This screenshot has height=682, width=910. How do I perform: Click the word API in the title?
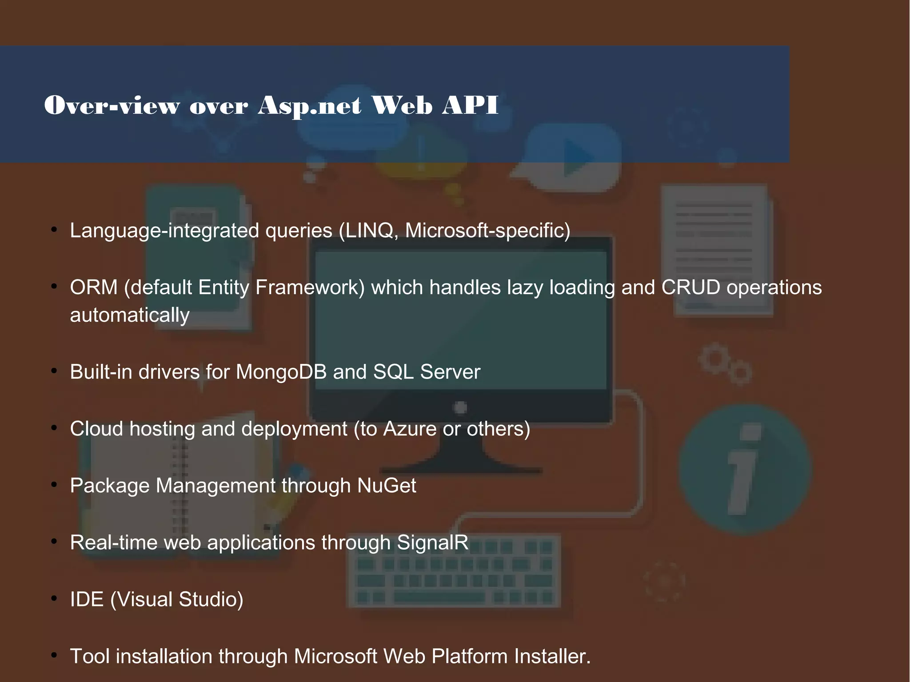tap(470, 105)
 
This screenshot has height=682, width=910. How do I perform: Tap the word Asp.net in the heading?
tap(310, 106)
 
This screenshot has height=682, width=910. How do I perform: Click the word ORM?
tap(94, 287)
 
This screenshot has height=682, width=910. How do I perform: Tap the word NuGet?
tap(387, 486)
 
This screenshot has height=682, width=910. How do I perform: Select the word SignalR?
tap(432, 542)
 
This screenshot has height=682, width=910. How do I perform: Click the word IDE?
tap(87, 599)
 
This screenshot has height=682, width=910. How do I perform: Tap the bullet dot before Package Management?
tap(54, 484)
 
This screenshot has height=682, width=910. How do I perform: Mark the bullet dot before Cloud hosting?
tap(54, 427)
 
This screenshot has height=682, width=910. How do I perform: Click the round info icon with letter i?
tap(745, 469)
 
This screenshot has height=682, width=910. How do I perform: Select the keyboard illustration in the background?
tap(453, 573)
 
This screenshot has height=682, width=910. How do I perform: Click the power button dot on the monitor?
tap(461, 407)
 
